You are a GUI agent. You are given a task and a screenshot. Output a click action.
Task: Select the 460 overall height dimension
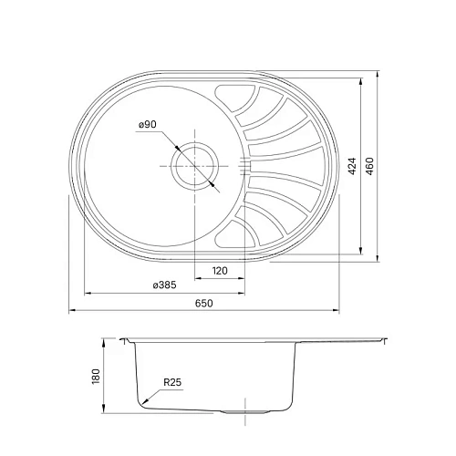pos(370,167)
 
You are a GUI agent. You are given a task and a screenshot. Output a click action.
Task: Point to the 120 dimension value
pos(219,271)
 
